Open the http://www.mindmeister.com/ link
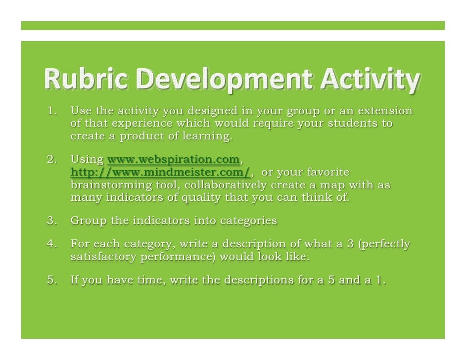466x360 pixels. tap(160, 173)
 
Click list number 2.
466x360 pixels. tap(52, 160)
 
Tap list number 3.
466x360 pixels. tap(52, 221)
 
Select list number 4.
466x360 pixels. tap(52, 244)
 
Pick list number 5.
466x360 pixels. tap(52, 280)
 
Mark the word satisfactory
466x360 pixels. tap(104, 257)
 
